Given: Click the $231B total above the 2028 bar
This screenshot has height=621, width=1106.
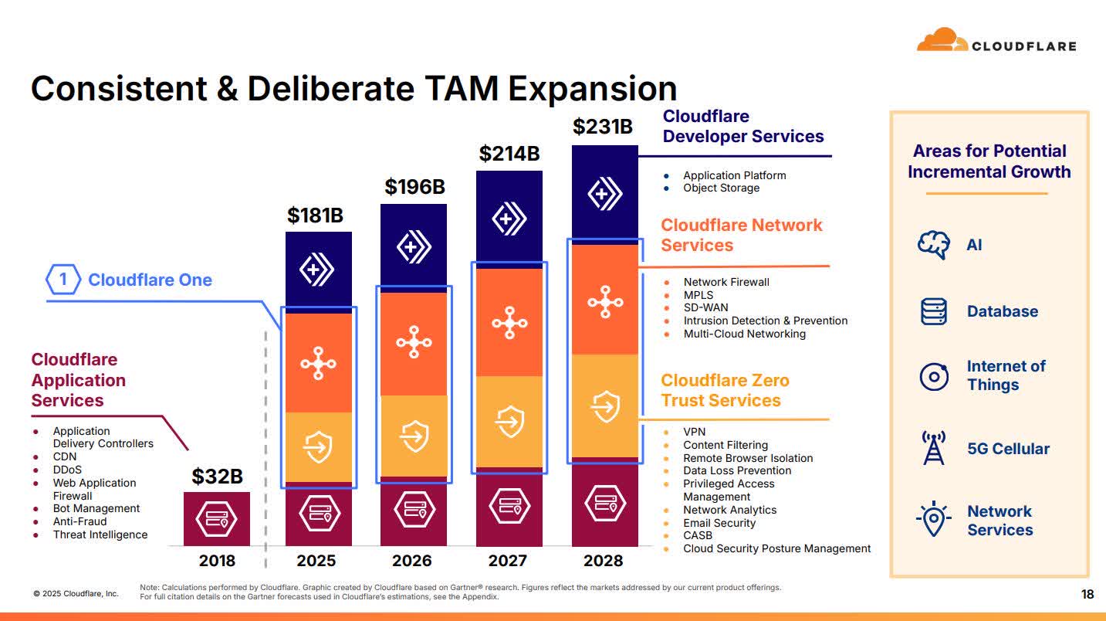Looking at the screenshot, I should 603,127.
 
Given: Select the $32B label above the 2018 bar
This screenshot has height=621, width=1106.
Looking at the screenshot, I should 217,477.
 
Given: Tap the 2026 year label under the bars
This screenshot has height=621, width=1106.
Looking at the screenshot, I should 411,560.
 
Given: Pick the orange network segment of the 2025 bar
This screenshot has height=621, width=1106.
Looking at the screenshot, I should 318,363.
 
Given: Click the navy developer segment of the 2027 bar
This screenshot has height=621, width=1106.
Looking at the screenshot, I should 509,218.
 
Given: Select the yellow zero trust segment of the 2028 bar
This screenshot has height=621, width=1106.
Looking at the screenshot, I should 604,406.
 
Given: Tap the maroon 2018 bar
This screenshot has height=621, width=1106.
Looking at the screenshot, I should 217,518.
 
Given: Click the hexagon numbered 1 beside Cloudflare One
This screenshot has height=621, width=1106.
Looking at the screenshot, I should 63,280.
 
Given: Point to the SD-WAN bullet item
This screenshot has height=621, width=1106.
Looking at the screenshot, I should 705,307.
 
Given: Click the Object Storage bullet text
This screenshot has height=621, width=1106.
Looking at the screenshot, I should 721,188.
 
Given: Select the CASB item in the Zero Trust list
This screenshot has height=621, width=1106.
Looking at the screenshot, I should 698,535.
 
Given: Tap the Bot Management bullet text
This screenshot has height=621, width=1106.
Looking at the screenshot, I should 96,508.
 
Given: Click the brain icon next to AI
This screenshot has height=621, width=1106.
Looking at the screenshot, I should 933,245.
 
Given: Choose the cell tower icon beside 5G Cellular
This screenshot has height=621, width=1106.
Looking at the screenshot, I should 933,448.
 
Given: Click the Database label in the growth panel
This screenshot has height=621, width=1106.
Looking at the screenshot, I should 1002,311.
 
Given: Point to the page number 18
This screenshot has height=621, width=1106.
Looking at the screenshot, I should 1087,594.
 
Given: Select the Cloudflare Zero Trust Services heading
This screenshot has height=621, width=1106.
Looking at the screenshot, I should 725,390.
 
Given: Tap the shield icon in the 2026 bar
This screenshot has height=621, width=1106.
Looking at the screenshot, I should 414,436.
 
